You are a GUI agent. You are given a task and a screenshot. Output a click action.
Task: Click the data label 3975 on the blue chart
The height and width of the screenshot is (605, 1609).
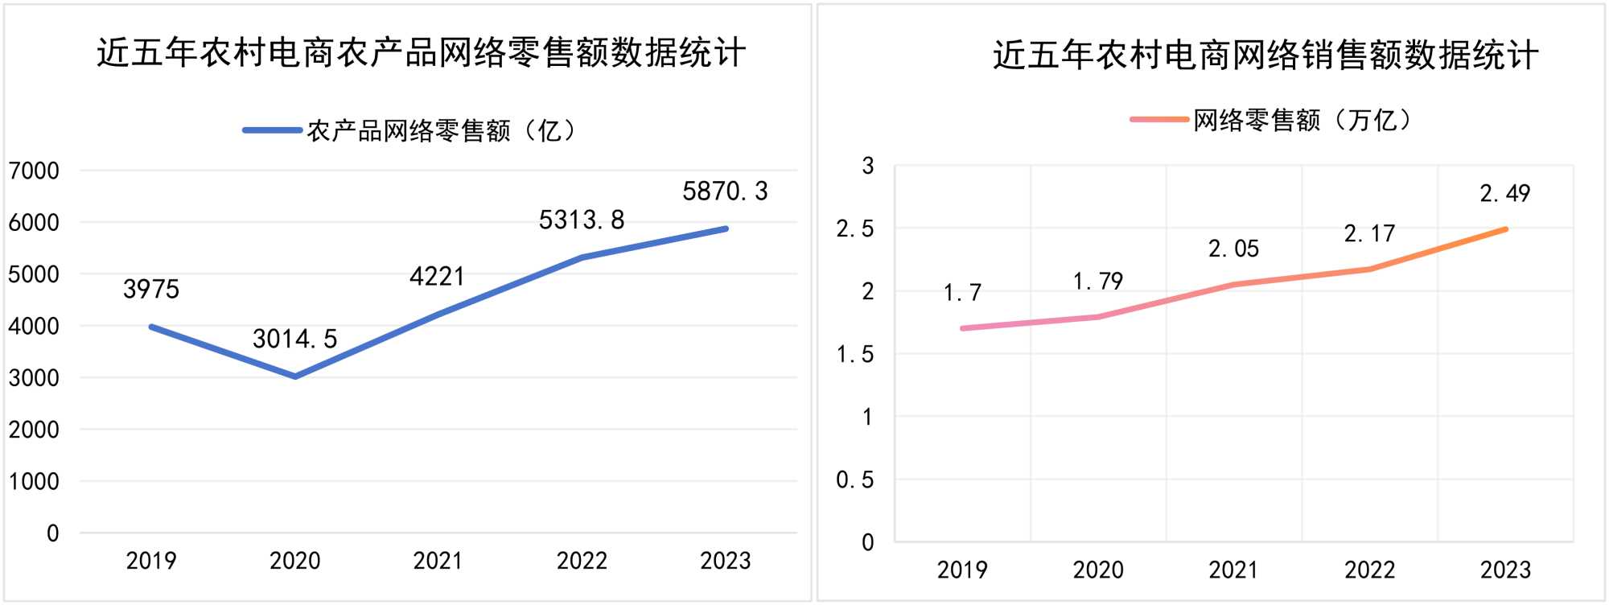(x=151, y=289)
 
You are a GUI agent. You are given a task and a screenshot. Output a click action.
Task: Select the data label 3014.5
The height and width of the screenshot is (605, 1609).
(x=294, y=339)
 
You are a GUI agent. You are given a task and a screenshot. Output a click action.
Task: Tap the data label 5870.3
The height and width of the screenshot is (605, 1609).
(x=725, y=191)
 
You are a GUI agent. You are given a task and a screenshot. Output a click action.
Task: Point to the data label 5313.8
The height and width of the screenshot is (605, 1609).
(x=582, y=220)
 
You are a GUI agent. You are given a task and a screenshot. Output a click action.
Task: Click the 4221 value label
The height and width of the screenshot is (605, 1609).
(x=437, y=277)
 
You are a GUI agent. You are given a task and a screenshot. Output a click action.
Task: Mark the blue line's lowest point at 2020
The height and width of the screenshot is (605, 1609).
(x=295, y=377)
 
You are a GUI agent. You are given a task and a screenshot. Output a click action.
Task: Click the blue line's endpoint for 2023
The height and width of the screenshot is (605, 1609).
(x=726, y=229)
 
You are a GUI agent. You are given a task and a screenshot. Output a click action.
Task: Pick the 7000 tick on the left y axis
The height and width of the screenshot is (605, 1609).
(x=34, y=171)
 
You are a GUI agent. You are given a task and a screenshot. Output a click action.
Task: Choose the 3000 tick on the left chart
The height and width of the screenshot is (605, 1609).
(x=34, y=377)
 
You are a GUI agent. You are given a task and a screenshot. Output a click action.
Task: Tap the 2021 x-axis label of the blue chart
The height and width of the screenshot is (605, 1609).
(x=438, y=561)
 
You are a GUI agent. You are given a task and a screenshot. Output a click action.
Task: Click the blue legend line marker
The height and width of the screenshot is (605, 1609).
(x=273, y=130)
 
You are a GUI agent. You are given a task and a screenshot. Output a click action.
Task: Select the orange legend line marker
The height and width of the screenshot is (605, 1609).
(x=1159, y=120)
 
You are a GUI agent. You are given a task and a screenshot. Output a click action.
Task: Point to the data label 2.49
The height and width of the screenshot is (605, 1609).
(x=1505, y=193)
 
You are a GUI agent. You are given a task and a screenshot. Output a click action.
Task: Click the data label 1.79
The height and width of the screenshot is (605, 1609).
(x=1098, y=282)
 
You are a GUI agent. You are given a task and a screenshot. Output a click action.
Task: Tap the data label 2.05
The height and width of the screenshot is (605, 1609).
(x=1233, y=249)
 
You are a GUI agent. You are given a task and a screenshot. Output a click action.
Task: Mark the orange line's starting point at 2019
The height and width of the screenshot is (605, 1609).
(x=963, y=328)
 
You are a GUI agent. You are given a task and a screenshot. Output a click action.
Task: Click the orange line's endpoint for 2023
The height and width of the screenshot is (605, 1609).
(x=1505, y=229)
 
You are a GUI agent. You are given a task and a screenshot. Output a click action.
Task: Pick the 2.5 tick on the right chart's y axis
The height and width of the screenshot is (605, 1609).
(x=855, y=229)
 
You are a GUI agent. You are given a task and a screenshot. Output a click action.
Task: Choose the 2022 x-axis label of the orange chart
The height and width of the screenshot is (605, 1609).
(x=1369, y=570)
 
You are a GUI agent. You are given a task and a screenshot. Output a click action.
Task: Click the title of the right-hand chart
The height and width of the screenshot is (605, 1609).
(x=1265, y=55)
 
